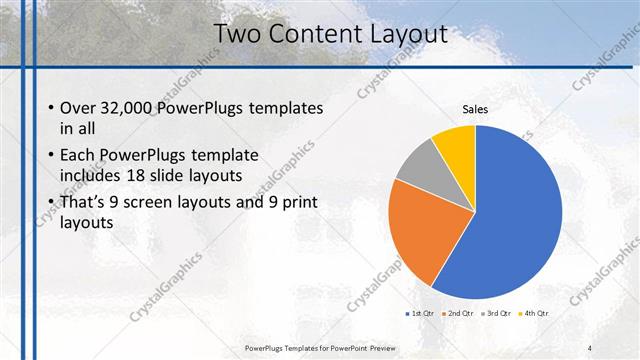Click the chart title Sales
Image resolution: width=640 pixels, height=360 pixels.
click(x=474, y=109)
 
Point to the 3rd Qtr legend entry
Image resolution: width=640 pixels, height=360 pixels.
click(x=497, y=313)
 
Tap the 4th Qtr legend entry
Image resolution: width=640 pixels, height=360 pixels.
click(x=535, y=313)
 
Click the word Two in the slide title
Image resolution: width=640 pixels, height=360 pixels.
click(x=238, y=35)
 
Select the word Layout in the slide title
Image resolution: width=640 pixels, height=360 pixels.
click(x=406, y=35)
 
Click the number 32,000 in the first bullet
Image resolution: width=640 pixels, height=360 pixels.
click(x=127, y=108)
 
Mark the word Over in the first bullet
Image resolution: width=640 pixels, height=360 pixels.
click(x=79, y=108)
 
